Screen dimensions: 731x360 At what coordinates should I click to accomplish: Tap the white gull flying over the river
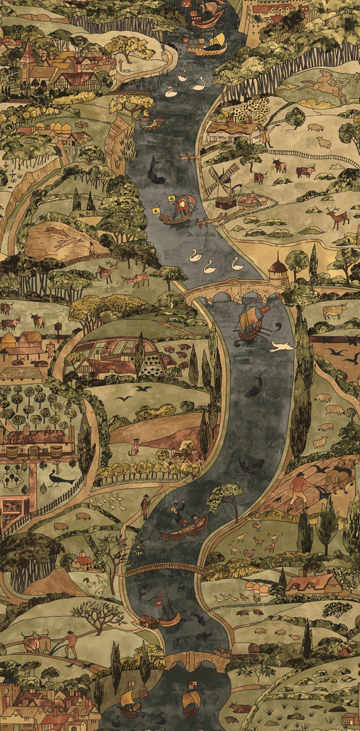click(x=282, y=346)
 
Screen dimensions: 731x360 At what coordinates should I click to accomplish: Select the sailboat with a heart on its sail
click(x=179, y=209)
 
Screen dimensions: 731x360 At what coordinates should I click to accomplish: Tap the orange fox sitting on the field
click(x=134, y=446)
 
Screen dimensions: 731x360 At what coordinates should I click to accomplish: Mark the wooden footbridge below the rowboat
click(x=165, y=570)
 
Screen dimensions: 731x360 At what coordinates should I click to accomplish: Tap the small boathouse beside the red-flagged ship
click(x=149, y=621)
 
